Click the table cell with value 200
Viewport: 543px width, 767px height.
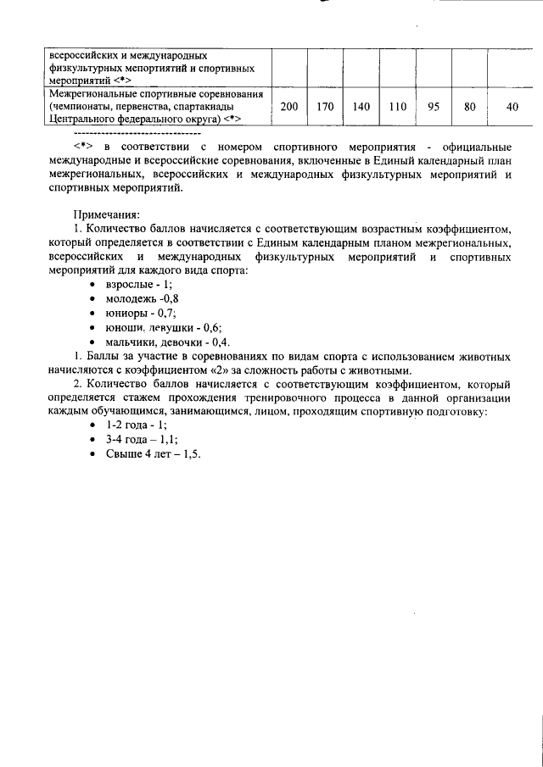pos(288,108)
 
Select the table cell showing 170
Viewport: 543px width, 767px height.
pos(324,108)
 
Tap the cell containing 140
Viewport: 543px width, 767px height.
pos(361,108)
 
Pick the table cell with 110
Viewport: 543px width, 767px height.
pos(397,108)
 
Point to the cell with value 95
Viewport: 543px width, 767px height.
pos(434,108)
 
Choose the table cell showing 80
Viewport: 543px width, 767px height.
pos(470,108)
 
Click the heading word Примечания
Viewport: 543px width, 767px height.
pos(106,214)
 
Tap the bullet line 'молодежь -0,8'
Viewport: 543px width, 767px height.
pos(142,299)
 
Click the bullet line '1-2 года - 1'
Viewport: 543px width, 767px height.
pos(136,425)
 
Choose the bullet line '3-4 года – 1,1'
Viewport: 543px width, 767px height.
pos(142,440)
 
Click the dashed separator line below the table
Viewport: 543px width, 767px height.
pos(137,134)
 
